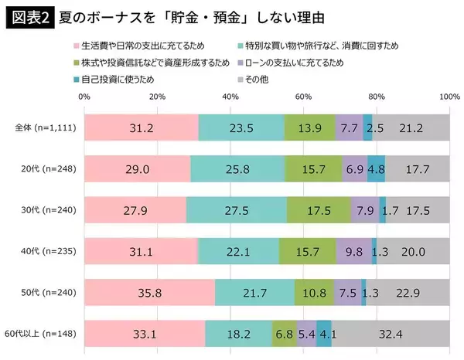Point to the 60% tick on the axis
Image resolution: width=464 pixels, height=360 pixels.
tap(303, 97)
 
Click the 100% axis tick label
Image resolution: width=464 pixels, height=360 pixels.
tap(449, 97)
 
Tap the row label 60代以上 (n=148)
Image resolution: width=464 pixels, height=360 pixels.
tap(45, 334)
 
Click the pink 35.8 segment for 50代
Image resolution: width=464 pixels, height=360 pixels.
tap(149, 292)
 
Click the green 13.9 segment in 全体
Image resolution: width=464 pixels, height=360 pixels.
tap(310, 127)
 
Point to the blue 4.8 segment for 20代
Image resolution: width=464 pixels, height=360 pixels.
tap(376, 168)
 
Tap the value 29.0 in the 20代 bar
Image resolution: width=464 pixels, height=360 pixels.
tap(137, 168)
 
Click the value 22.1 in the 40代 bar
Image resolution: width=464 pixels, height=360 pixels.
tap(238, 251)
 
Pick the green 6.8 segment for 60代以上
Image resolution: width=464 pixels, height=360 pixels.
tap(284, 334)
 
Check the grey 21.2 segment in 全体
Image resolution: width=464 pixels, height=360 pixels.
tap(411, 127)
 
